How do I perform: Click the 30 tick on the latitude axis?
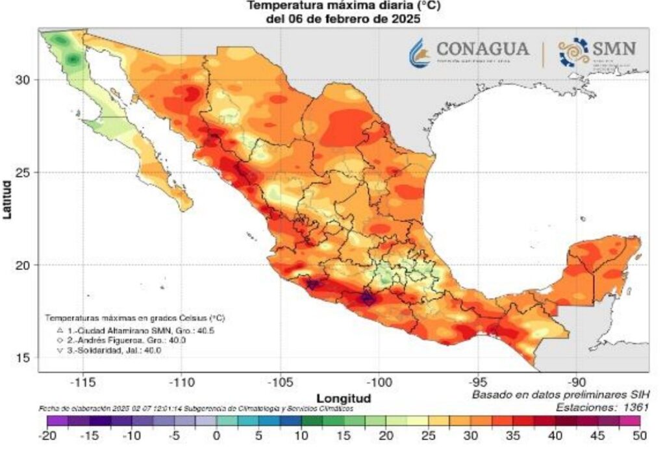point(23,79)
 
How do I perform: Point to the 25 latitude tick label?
point(23,172)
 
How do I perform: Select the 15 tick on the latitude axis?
point(23,357)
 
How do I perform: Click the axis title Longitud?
point(344,397)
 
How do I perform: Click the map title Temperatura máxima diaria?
point(344,7)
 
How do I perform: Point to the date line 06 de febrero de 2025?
point(344,19)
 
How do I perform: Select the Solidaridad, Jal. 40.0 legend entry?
point(105,350)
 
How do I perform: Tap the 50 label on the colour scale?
point(640,436)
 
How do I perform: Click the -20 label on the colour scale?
point(47,436)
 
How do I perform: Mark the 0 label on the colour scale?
point(216,436)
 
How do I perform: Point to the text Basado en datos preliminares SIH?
point(560,394)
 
